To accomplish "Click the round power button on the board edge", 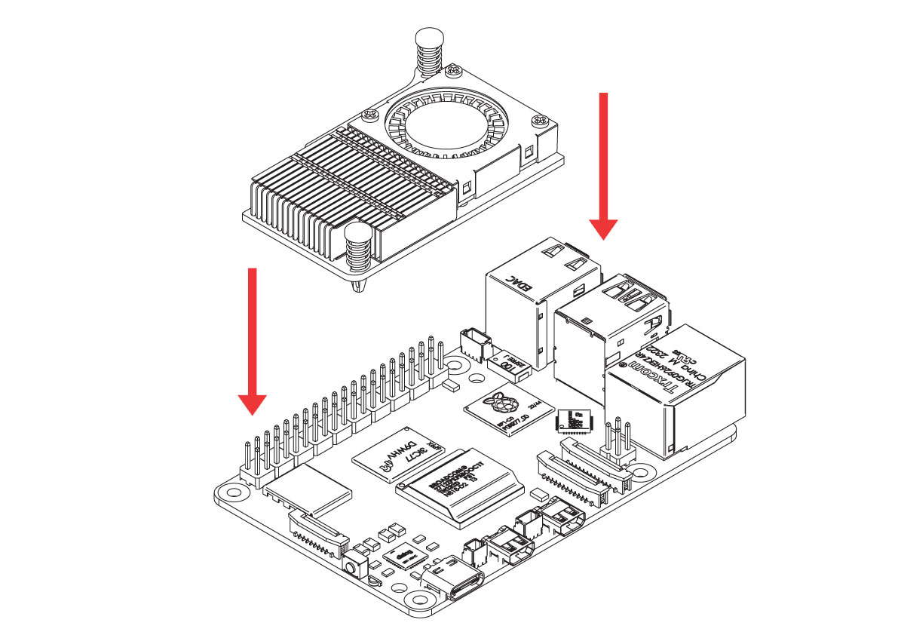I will (352, 566).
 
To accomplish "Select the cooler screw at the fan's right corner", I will (541, 118).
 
